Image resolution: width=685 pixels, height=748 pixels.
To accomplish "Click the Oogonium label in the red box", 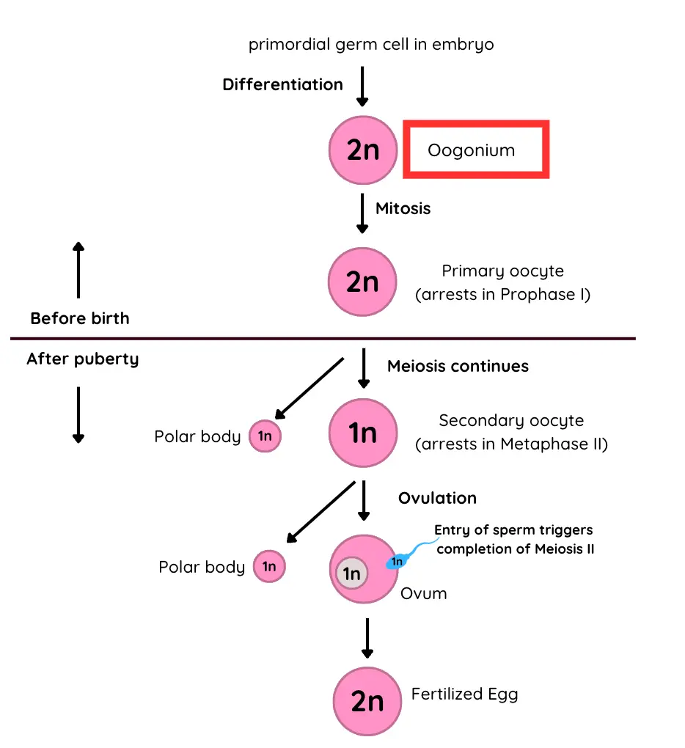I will pyautogui.click(x=472, y=151).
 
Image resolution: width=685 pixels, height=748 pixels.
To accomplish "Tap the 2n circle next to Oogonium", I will pyautogui.click(x=362, y=150).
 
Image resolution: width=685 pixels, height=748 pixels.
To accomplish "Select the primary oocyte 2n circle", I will pyautogui.click(x=362, y=282).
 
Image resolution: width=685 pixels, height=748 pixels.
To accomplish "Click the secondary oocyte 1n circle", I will pyautogui.click(x=362, y=433).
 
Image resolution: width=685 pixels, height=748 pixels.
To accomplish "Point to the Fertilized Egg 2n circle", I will pyautogui.click(x=367, y=701).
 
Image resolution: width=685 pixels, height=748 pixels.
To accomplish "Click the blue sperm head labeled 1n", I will pyautogui.click(x=397, y=562).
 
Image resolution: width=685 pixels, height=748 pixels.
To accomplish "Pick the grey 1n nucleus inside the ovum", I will pyautogui.click(x=352, y=573).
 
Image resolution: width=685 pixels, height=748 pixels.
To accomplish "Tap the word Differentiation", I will pyautogui.click(x=282, y=84).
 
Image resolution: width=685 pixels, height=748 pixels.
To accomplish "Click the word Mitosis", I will pyautogui.click(x=403, y=208).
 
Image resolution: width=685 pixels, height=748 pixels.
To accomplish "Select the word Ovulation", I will pyautogui.click(x=437, y=498).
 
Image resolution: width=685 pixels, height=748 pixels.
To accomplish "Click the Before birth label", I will pyautogui.click(x=79, y=318).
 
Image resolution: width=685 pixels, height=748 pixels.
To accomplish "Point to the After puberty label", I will pyautogui.click(x=82, y=359).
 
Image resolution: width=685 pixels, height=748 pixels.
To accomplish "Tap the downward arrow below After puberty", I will pyautogui.click(x=78, y=414).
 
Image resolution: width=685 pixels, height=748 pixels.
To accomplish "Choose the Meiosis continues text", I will pyautogui.click(x=458, y=366).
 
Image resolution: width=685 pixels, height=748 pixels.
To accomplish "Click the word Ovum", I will pyautogui.click(x=423, y=593).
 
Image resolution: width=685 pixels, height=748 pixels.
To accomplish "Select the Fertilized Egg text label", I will pyautogui.click(x=464, y=694).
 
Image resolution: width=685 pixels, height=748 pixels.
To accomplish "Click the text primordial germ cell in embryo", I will pyautogui.click(x=371, y=45).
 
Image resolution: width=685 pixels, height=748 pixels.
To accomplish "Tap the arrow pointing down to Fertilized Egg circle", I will pyautogui.click(x=367, y=638).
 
